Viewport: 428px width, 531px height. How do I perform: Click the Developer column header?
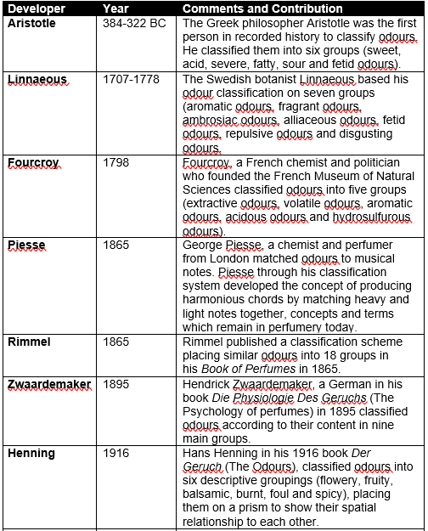(x=35, y=8)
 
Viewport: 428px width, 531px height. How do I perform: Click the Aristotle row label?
(x=31, y=23)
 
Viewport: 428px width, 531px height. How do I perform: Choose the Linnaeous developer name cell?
(x=37, y=79)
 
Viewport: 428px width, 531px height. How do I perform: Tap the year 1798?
(x=115, y=162)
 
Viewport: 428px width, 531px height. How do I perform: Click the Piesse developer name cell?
(x=26, y=246)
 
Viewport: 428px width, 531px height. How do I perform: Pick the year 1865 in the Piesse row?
(x=115, y=246)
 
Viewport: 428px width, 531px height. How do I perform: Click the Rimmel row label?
(x=29, y=342)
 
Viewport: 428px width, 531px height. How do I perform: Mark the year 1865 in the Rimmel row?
(x=115, y=342)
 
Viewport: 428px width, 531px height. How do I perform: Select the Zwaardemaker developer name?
(x=49, y=384)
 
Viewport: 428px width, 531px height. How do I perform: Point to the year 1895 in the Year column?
(x=115, y=384)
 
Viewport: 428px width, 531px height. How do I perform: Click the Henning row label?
(x=31, y=453)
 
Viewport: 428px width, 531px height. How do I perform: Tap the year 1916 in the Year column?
(x=115, y=453)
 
